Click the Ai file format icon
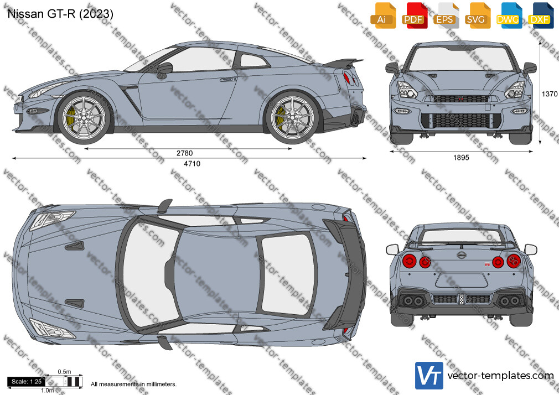pos(383,15)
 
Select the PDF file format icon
pos(414,15)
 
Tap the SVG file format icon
pos(477,15)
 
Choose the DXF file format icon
pos(541,15)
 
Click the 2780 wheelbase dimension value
pos(185,153)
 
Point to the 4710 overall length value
pos(192,164)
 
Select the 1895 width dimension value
pos(461,158)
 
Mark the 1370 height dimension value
pos(550,93)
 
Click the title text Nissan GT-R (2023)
pos(60,13)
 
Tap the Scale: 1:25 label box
pos(27,382)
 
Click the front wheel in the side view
pos(84,118)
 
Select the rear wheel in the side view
pos(293,118)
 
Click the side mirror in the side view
pos(165,69)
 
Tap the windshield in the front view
pos(460,59)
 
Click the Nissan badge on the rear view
pos(462,255)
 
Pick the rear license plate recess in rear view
pos(462,280)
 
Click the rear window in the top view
pos(288,274)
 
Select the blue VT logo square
pos(429,376)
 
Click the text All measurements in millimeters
pos(133,384)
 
